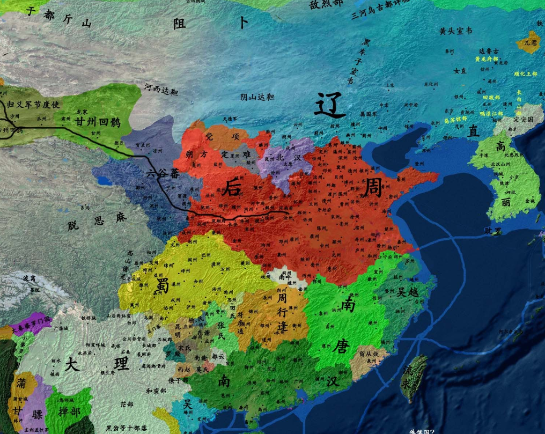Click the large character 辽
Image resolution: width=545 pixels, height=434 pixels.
click(329, 105)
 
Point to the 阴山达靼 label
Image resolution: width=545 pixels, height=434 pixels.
click(257, 97)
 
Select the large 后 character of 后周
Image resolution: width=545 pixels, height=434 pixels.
click(232, 187)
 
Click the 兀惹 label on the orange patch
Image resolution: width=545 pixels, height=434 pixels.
click(530, 41)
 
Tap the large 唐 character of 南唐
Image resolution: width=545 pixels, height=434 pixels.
click(340, 348)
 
